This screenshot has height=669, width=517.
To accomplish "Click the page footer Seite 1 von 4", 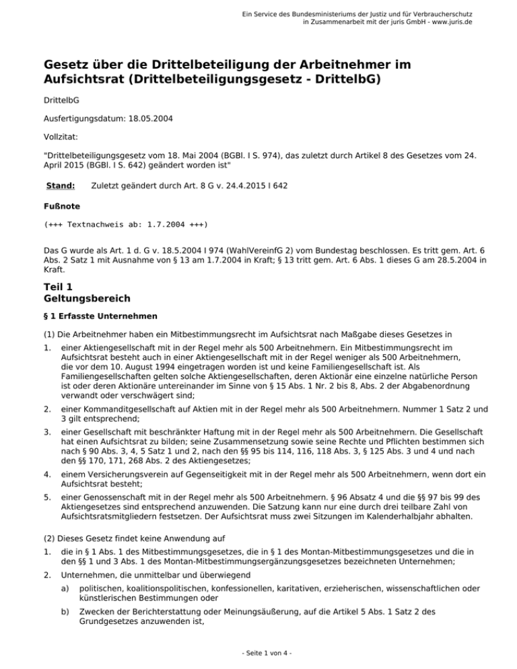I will (258, 652).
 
